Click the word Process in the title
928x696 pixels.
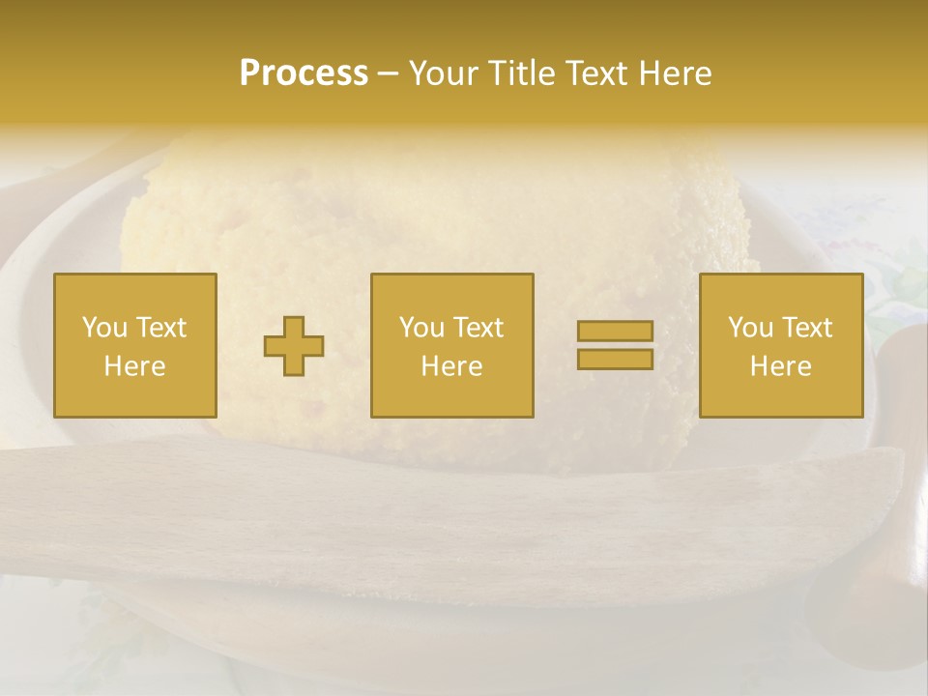pos(304,73)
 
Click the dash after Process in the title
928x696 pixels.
pos(389,74)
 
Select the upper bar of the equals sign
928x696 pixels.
pos(615,332)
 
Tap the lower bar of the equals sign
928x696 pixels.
pos(615,359)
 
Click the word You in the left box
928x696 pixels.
pos(104,328)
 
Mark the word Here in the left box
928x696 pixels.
pos(134,366)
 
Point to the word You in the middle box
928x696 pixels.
pos(421,328)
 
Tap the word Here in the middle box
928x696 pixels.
pos(451,366)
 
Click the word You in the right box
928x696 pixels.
pos(750,328)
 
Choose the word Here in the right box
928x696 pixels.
pos(780,366)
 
